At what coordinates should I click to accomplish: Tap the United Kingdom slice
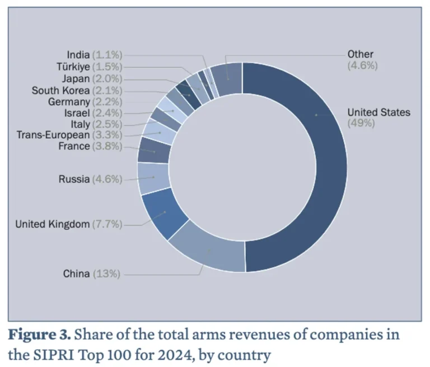[x=165, y=213]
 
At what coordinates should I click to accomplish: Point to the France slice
[x=154, y=150]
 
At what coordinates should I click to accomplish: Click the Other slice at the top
[x=227, y=78]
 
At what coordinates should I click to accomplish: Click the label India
[x=78, y=55]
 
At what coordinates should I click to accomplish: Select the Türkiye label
[x=73, y=67]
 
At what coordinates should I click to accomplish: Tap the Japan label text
[x=76, y=78]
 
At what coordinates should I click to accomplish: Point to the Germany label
[x=69, y=102]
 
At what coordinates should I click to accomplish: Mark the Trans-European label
[x=53, y=135]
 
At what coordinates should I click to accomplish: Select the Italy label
[x=80, y=124]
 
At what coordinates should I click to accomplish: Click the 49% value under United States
[x=361, y=123]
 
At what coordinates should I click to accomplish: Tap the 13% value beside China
[x=106, y=274]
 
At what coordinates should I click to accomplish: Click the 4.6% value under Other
[x=363, y=65]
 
